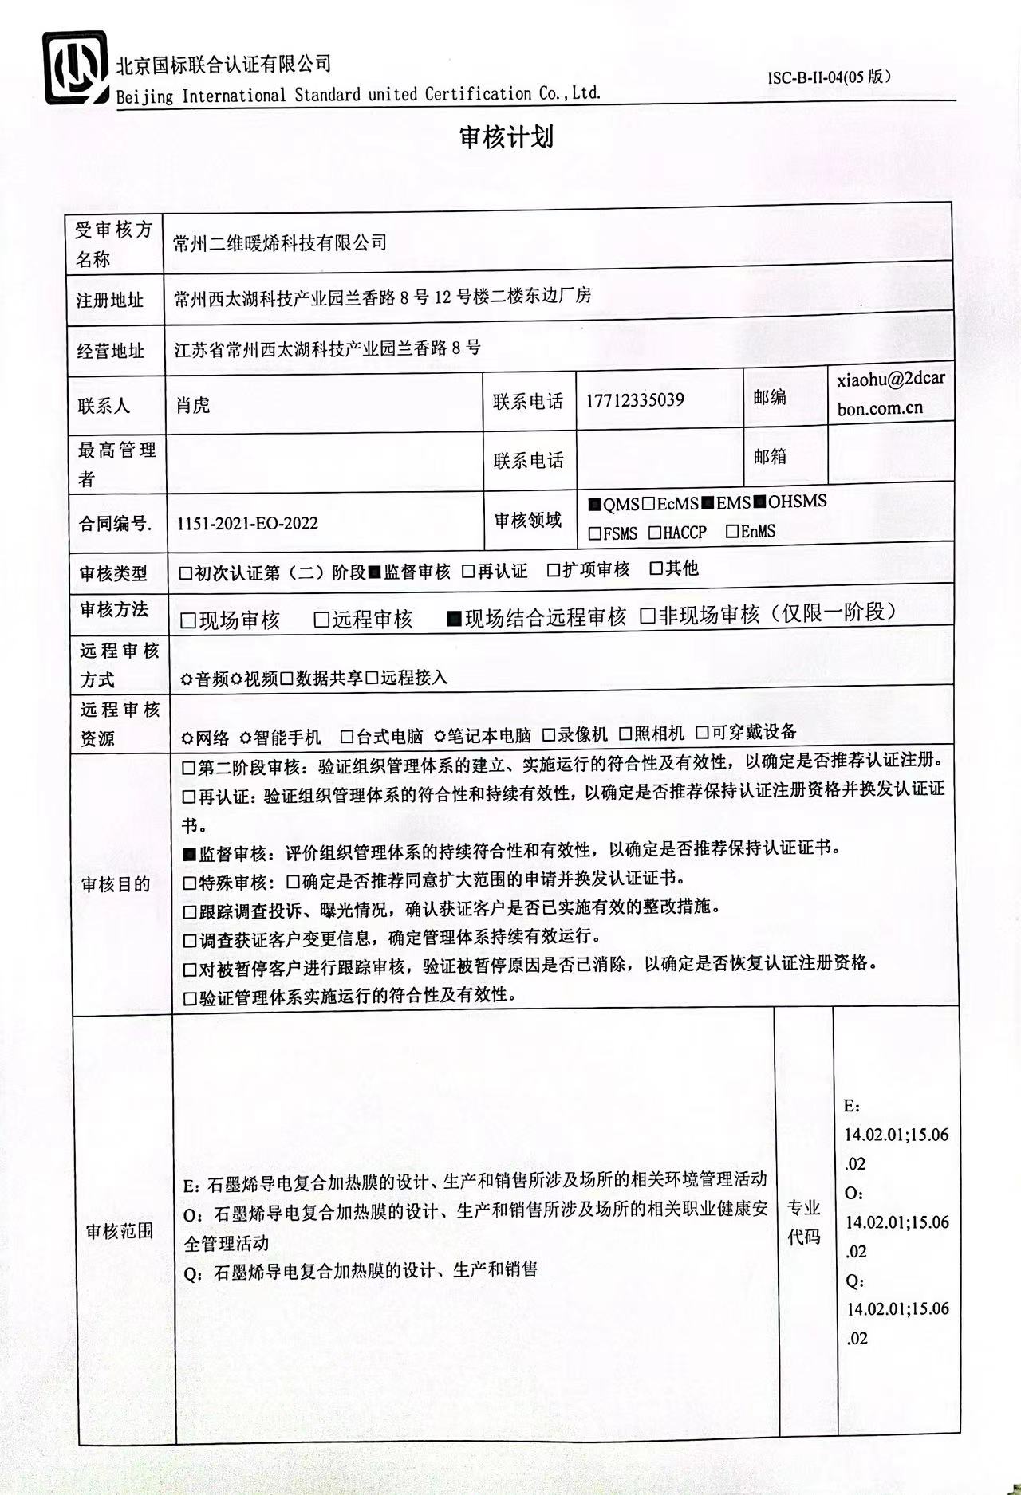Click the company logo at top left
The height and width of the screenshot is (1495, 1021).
pos(75,69)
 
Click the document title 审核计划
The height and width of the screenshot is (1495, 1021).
pos(507,137)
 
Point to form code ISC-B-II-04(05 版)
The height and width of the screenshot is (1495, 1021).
pos(829,77)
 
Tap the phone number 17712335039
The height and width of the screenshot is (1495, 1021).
pos(635,400)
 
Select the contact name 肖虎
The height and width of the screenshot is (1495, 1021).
pos(193,405)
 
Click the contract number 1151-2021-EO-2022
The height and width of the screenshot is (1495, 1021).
pos(247,524)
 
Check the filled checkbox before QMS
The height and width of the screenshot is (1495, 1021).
pos(594,505)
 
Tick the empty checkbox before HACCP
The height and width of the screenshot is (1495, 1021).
pos(655,533)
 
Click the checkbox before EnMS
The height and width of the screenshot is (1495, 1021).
pos(732,532)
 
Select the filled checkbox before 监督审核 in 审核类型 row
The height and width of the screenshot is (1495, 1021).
pos(375,572)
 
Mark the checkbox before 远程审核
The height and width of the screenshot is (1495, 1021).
pos(322,620)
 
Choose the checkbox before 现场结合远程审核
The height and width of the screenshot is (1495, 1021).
pos(455,619)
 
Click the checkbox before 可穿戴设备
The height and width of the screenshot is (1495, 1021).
pos(702,732)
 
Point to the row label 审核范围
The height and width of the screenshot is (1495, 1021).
pos(119,1231)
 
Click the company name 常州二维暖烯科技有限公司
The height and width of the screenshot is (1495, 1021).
pos(280,242)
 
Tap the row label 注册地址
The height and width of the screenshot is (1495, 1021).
pos(110,301)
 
